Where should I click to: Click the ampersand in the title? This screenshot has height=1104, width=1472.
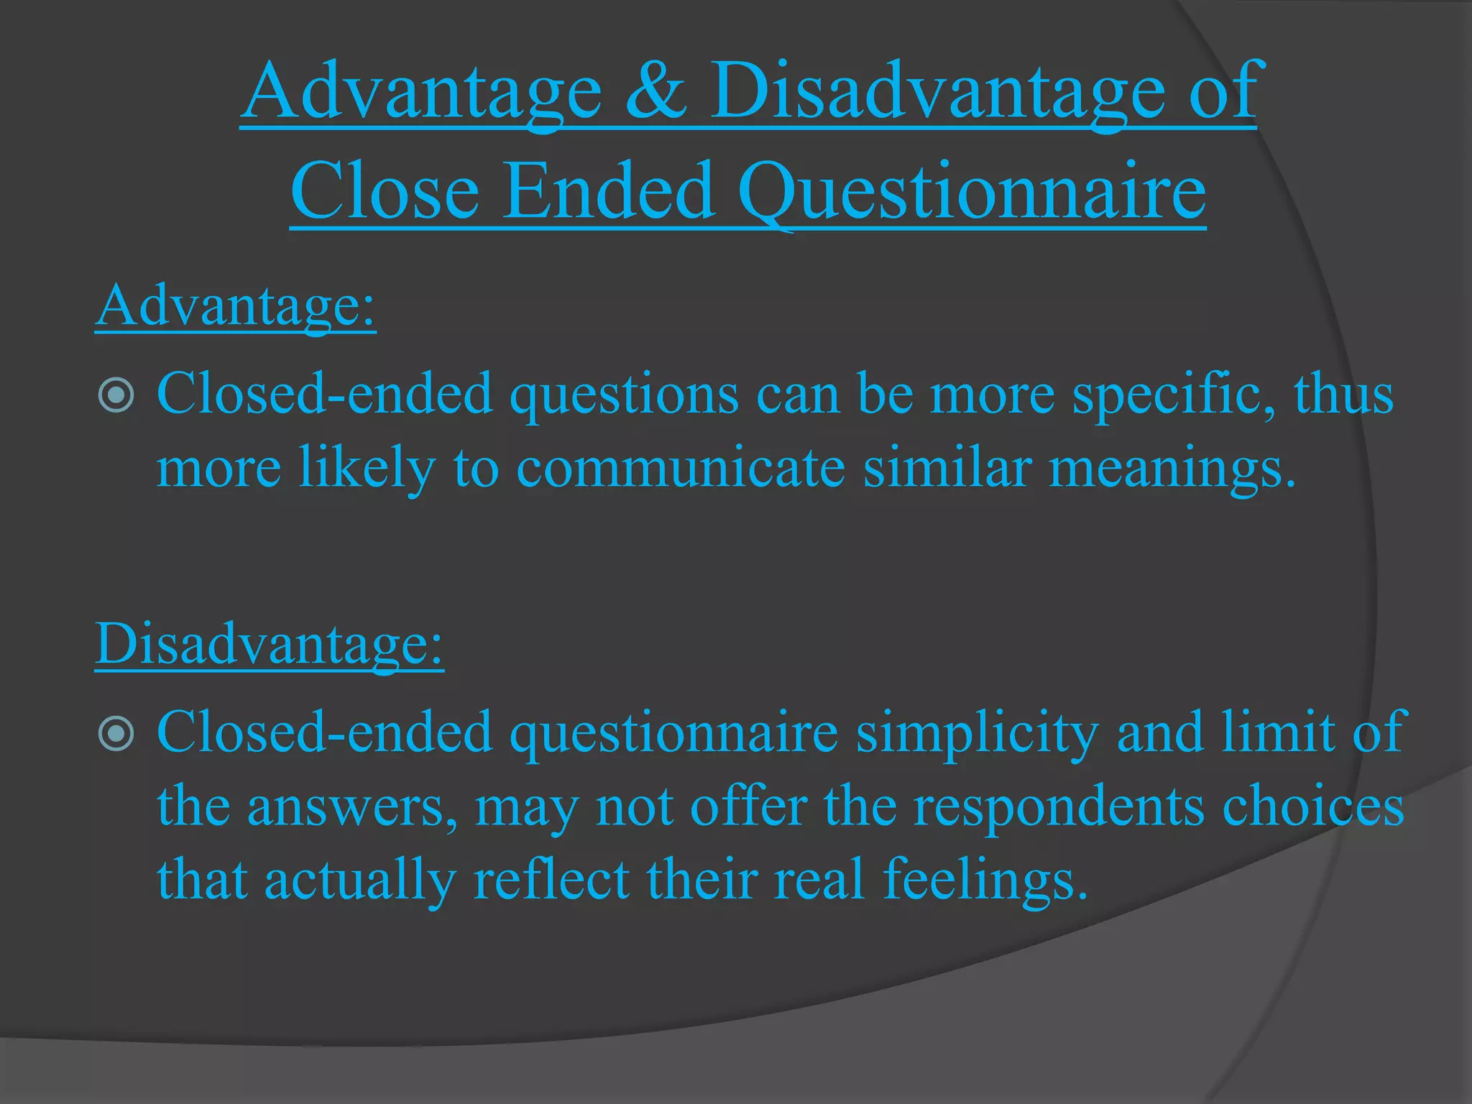pos(656,93)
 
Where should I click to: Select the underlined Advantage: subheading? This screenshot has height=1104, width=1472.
pos(236,307)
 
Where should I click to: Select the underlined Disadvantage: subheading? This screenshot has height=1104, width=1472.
pos(270,644)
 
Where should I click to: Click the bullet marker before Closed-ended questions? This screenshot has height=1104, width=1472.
pos(116,395)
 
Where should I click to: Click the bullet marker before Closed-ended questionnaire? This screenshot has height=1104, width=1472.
pos(116,733)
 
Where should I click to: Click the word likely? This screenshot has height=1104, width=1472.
pos(367,469)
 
